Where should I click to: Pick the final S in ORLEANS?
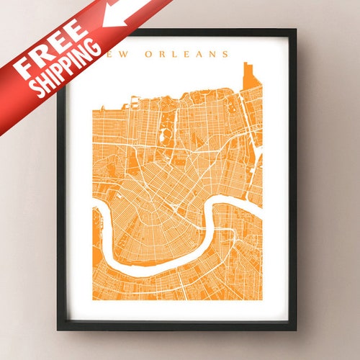click(x=226, y=54)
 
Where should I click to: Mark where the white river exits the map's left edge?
click(x=94, y=211)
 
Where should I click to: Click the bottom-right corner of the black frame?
click(x=296, y=330)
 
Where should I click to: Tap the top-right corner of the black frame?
click(x=296, y=30)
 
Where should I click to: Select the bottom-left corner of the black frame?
click(x=58, y=330)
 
